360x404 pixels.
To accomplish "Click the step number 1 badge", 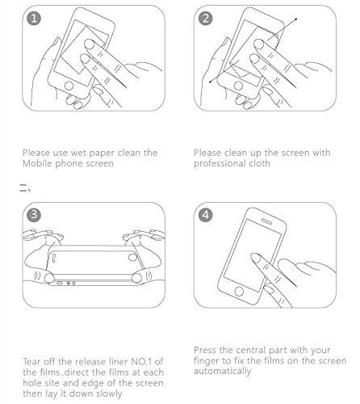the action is tap(34, 19).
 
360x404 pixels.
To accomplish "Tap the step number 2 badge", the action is tap(205, 19).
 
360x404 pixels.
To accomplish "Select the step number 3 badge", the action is tap(34, 215).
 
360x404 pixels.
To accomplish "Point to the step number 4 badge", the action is tap(205, 215).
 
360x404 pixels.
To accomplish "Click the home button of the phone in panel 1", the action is tap(69, 86).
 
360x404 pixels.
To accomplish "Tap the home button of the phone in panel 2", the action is tap(238, 86).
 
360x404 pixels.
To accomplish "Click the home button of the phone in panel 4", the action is tap(239, 291).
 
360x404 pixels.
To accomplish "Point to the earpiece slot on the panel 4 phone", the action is tap(267, 221).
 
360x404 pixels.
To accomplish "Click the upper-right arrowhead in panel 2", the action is tap(296, 19).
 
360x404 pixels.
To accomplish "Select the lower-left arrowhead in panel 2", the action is tap(211, 82).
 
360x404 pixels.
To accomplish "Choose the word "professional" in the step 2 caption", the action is tap(220, 164).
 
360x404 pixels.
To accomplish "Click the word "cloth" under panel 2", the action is tap(259, 163).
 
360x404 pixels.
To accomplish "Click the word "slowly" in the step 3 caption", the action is tap(109, 393).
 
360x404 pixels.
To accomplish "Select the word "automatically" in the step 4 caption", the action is tap(222, 371).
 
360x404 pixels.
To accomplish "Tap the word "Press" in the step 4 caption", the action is tap(205, 350).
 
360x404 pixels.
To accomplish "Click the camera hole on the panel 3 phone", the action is tap(132, 257).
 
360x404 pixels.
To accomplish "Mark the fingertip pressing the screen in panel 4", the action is tap(254, 258).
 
